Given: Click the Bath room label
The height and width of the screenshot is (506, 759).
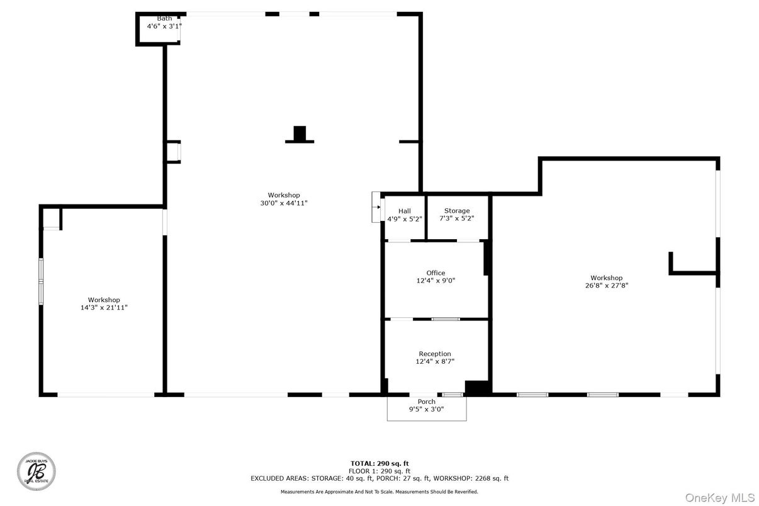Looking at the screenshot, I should [x=164, y=18].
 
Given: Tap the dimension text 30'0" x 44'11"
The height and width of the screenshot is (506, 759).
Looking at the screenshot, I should [x=284, y=203].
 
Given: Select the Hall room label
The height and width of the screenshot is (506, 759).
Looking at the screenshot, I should [x=404, y=211].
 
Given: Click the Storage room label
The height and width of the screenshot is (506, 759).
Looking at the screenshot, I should [x=457, y=211].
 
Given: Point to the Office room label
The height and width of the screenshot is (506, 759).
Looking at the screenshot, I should [x=436, y=273].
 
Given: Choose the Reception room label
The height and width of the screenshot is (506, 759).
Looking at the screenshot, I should [x=435, y=354].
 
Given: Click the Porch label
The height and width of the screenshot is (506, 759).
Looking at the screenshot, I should [x=427, y=402].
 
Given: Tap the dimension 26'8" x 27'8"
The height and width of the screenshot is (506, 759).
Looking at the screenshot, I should [x=606, y=286].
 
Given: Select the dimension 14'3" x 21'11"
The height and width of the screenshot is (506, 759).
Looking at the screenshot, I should [x=104, y=308].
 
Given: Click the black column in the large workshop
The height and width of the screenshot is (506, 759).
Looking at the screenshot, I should [x=300, y=134].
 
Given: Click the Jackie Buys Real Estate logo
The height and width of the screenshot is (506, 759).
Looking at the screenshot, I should [x=36, y=472].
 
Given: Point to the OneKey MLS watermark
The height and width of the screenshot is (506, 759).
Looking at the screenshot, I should [x=719, y=498].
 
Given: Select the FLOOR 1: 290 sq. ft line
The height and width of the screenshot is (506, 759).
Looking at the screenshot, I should [x=379, y=471].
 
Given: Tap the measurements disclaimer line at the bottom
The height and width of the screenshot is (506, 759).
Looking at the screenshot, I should [x=379, y=492].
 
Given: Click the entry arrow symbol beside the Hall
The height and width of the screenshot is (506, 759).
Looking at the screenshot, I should [x=376, y=206].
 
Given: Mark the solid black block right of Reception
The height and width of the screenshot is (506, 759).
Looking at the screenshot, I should [x=477, y=388].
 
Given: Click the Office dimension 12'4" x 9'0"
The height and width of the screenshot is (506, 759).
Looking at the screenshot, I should [x=436, y=281].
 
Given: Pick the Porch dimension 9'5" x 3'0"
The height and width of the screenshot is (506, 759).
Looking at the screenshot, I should [x=427, y=409].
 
